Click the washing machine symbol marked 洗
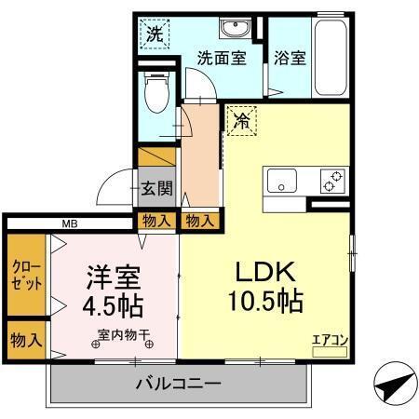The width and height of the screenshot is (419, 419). coord(155,35)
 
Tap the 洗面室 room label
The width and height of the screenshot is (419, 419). coord(221,57)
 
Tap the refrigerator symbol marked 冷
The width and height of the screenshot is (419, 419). coord(240,121)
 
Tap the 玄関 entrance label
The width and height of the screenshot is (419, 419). coord(156,188)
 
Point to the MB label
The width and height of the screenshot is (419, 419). coord(70,223)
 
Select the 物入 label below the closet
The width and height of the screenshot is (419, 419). coord(25,341)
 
